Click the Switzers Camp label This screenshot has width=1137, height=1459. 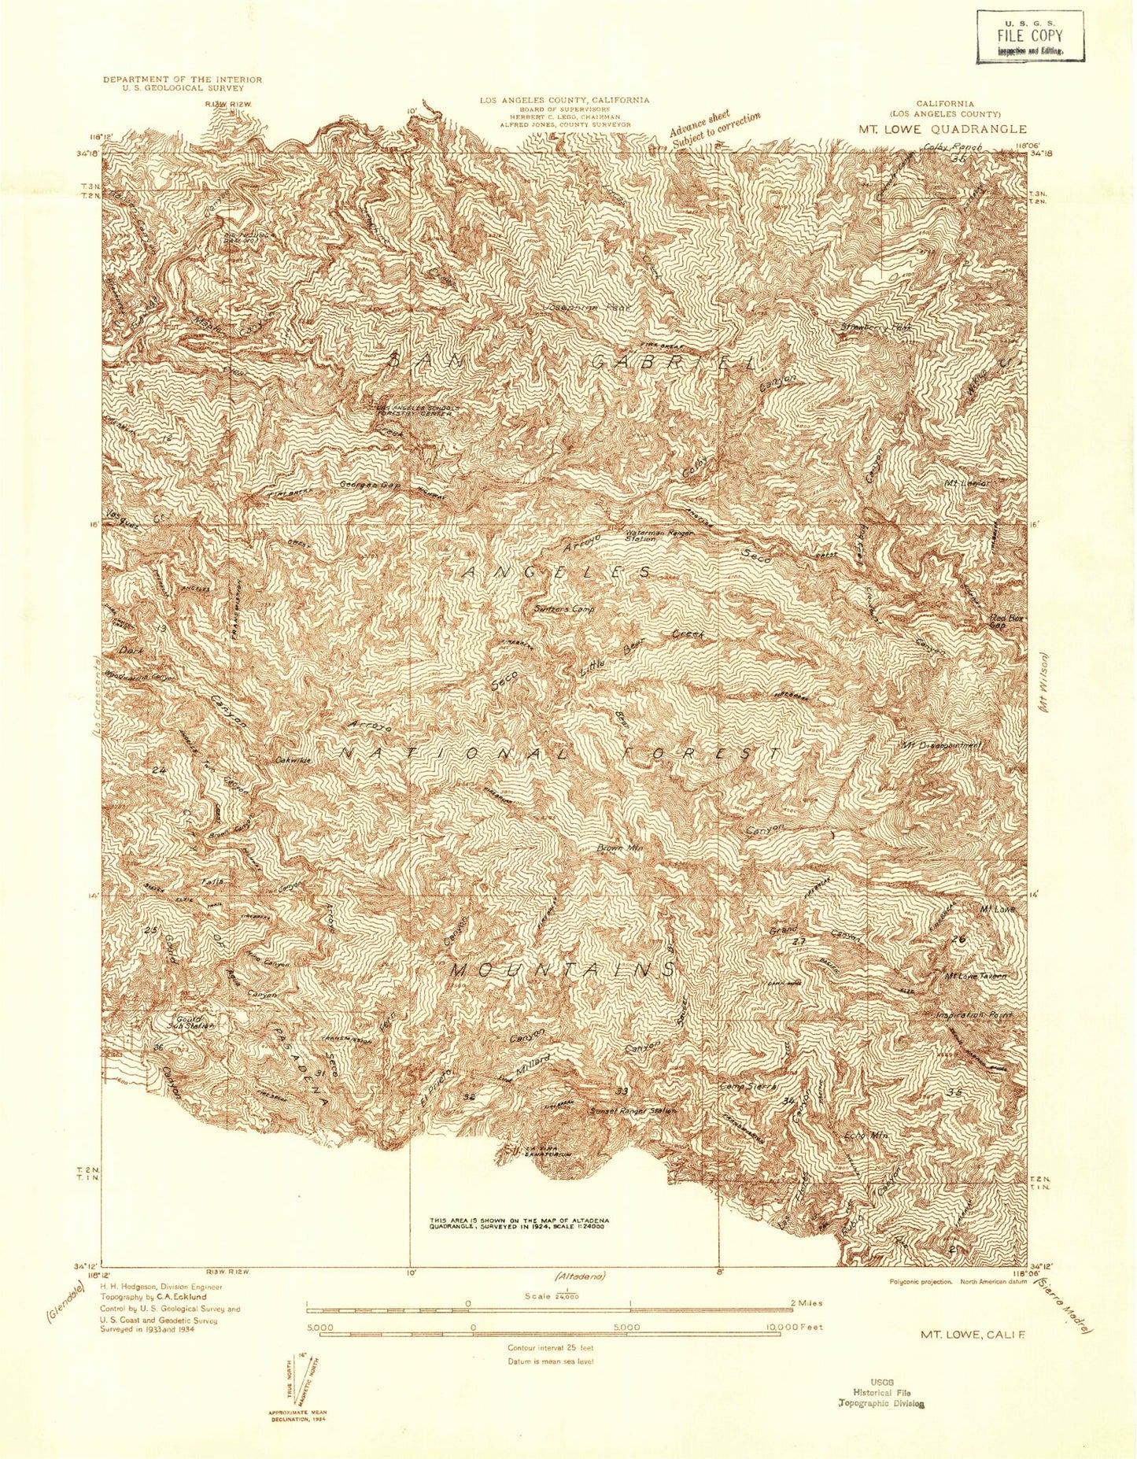point(563,609)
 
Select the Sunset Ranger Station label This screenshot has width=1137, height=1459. point(633,1110)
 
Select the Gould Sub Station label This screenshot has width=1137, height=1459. point(185,1021)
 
